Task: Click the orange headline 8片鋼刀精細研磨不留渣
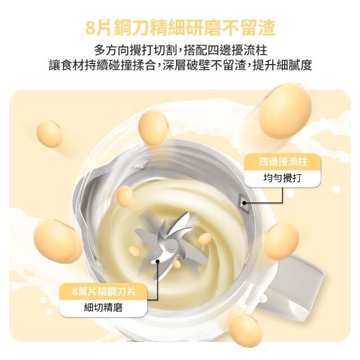point(180,28)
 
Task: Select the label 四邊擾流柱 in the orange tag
point(283,162)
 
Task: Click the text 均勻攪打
point(282,178)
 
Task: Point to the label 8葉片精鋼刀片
point(103,291)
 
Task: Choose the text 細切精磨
point(103,307)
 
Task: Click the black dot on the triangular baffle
point(245,202)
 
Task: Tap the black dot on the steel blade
point(157,261)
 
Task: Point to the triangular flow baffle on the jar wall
point(244,202)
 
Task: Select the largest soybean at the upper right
point(286,110)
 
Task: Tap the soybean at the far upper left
point(49,134)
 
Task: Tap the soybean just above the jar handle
point(281,241)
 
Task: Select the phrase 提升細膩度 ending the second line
point(282,65)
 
